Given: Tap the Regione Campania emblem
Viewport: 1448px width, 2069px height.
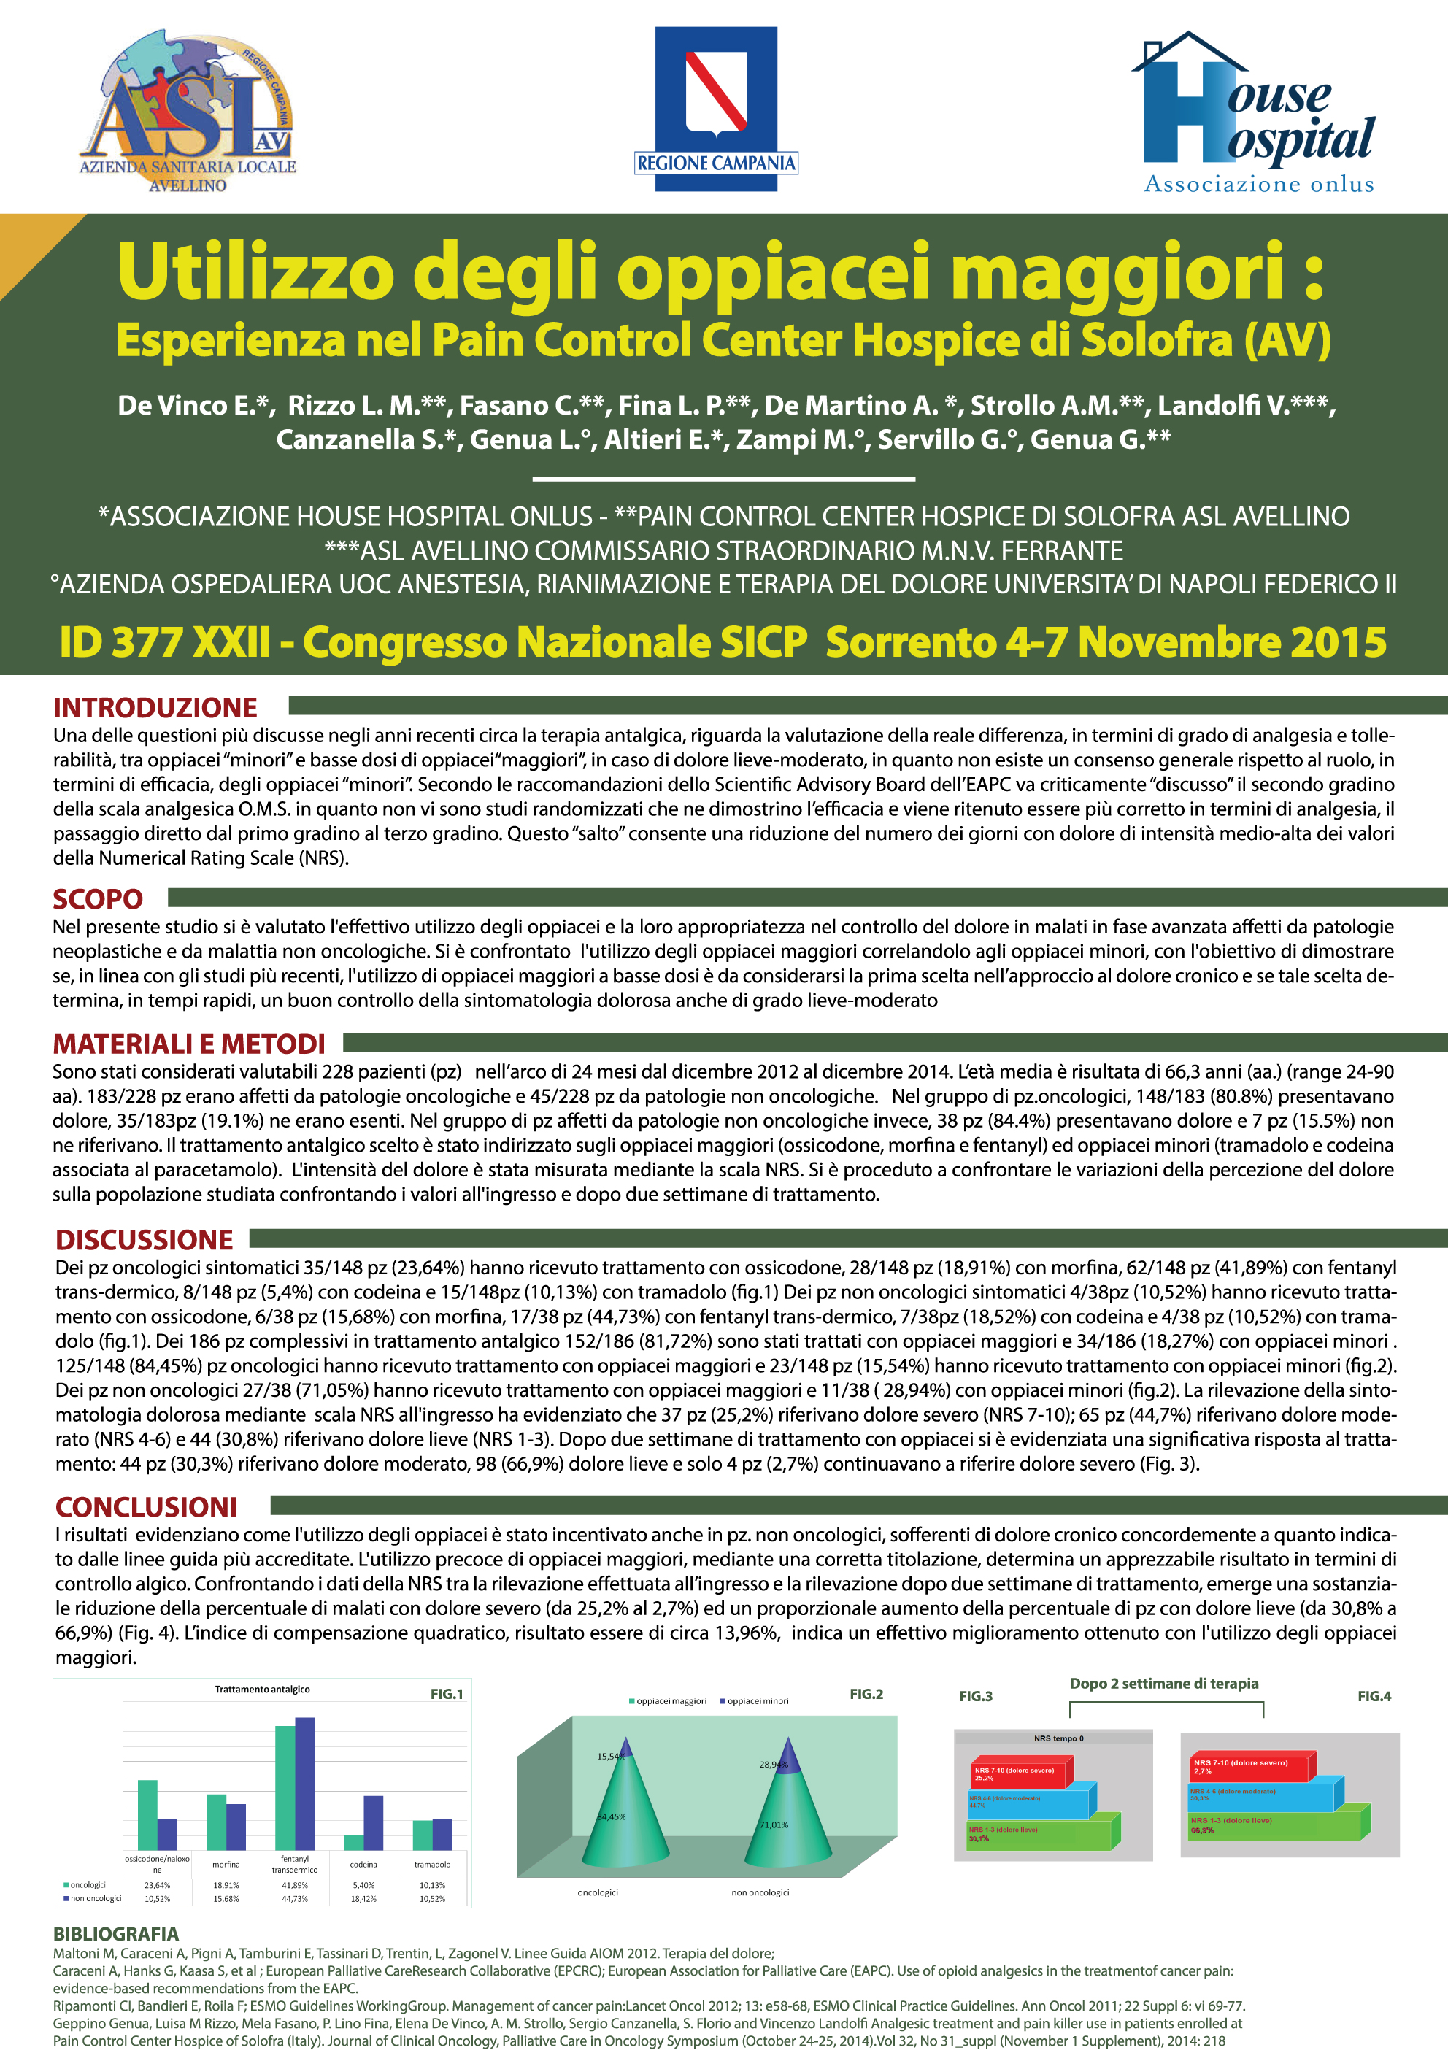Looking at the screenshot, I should [717, 109].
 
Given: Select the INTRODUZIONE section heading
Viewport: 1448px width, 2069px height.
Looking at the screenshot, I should [155, 707].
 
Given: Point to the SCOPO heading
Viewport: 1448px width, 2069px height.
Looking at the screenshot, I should [97, 898].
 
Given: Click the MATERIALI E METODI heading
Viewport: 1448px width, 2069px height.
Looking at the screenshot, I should [188, 1044].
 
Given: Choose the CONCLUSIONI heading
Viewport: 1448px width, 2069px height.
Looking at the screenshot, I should [146, 1507].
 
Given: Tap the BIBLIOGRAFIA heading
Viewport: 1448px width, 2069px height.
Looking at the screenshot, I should [115, 1934].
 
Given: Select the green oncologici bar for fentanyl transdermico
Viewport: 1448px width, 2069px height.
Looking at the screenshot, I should [285, 1788].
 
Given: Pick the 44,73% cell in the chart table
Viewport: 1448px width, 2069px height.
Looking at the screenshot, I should [295, 1899].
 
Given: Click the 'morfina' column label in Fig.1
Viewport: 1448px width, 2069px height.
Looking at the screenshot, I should [226, 1865].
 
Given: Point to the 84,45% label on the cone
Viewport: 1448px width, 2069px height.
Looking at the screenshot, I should [611, 1816].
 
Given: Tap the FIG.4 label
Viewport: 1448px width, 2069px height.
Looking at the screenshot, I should [1374, 1696].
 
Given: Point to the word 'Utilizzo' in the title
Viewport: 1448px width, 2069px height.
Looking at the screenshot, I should [256, 271].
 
